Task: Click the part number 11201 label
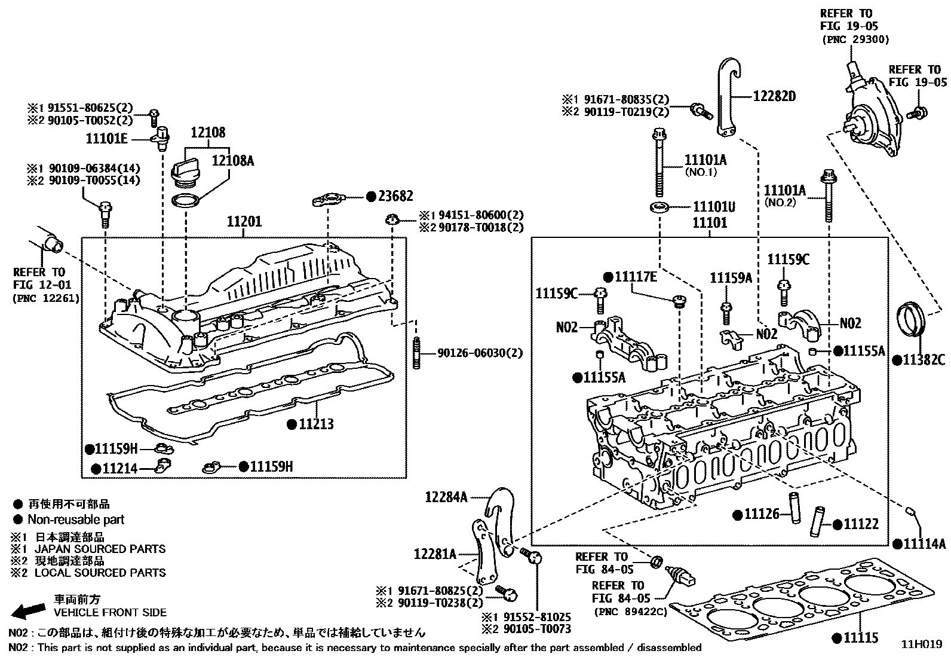(x=244, y=222)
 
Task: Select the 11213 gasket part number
(x=317, y=424)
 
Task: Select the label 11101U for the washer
(x=714, y=207)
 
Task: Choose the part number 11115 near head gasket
(x=861, y=638)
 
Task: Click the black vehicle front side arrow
(x=29, y=610)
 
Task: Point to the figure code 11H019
(x=921, y=644)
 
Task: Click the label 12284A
(x=446, y=496)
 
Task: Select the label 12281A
(x=434, y=554)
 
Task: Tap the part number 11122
(x=861, y=524)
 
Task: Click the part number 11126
(x=762, y=514)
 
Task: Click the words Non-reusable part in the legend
(x=76, y=520)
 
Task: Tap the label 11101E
(x=107, y=139)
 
